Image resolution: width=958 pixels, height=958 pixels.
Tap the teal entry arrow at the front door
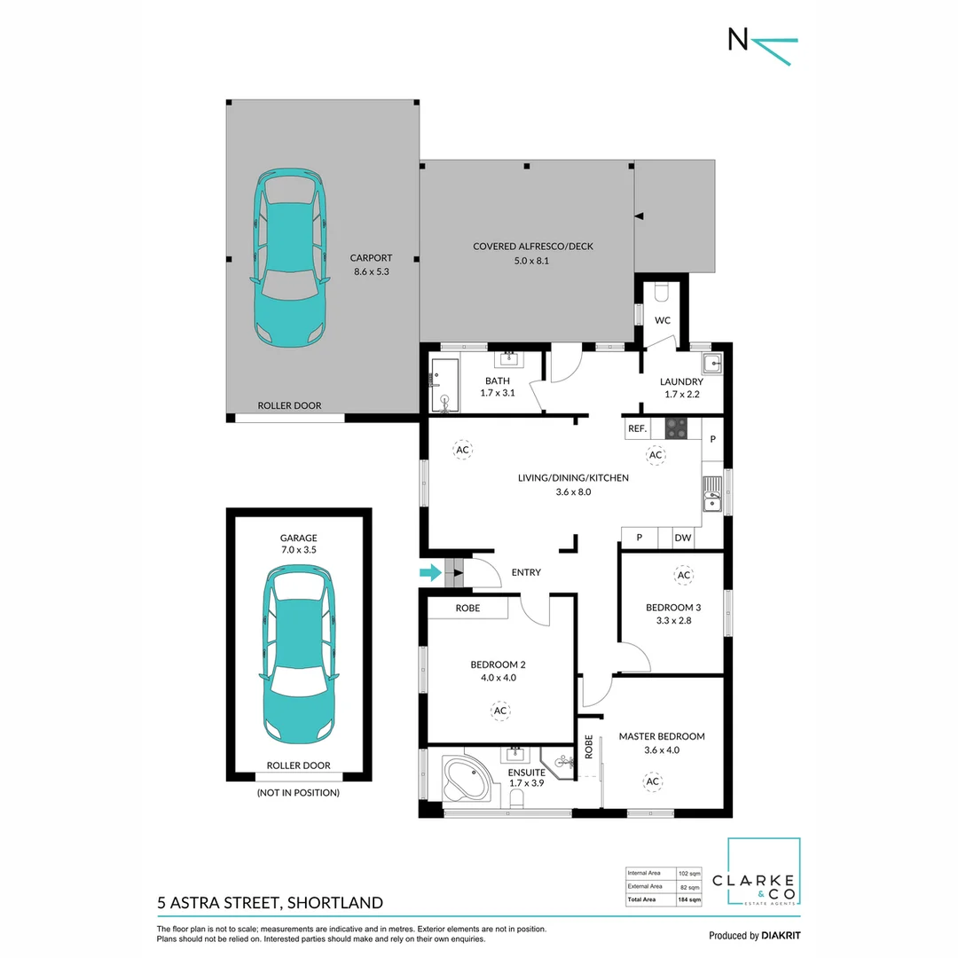(x=430, y=573)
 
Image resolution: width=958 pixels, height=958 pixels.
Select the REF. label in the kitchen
(x=637, y=428)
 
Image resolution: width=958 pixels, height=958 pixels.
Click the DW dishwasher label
(x=682, y=538)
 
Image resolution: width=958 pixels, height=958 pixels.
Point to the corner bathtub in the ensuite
(x=466, y=779)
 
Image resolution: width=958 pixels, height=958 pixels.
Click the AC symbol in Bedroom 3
(x=683, y=576)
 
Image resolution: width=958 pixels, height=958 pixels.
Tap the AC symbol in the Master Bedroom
(x=653, y=781)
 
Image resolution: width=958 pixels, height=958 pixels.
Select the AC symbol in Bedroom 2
(x=499, y=711)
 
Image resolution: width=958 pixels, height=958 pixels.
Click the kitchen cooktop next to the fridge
(x=676, y=428)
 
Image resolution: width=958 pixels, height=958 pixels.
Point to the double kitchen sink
(x=712, y=494)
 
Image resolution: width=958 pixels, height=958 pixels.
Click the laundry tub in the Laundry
(x=712, y=362)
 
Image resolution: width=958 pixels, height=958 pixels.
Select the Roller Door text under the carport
(x=289, y=405)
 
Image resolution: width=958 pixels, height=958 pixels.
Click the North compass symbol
(x=761, y=43)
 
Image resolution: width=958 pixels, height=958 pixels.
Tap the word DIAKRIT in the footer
(x=782, y=936)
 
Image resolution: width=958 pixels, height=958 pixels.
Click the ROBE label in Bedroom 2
(x=467, y=609)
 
